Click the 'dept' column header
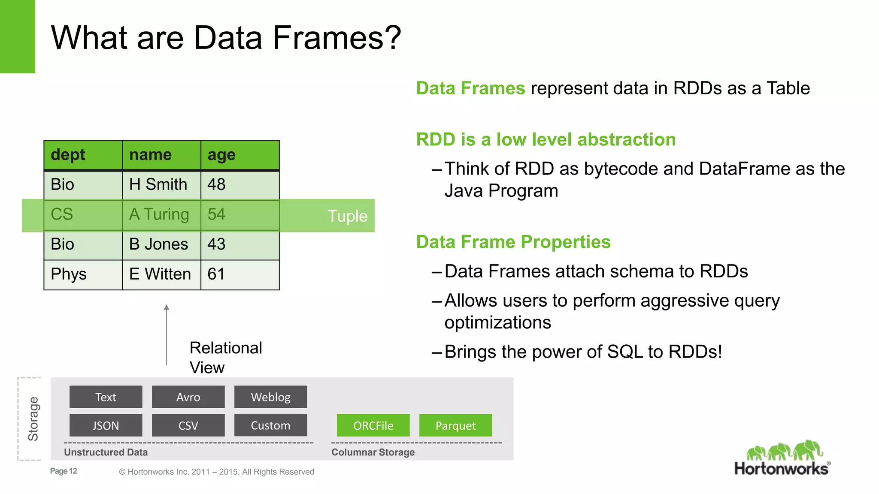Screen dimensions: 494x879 [x=82, y=155]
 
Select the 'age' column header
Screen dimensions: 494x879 [x=239, y=155]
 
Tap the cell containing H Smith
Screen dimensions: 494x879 [x=161, y=185]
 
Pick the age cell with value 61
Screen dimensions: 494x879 [x=239, y=274]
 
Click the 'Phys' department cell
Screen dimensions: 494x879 [x=82, y=274]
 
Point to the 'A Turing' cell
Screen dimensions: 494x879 [x=161, y=214]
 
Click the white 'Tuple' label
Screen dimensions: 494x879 [x=347, y=216]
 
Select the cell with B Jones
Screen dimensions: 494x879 [x=161, y=244]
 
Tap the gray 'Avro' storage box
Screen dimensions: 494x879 [x=188, y=397]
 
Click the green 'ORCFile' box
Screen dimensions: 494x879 [x=373, y=425]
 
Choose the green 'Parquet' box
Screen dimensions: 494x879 [x=455, y=425]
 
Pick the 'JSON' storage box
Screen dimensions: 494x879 [x=106, y=425]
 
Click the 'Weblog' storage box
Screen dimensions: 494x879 [x=270, y=397]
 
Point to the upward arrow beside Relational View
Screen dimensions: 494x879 [x=167, y=334]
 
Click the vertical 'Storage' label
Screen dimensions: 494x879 [x=33, y=419]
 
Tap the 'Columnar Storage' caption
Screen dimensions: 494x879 [x=373, y=452]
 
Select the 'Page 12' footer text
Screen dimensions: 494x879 [x=64, y=471]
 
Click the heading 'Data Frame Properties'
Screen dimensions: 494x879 [x=513, y=242]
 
